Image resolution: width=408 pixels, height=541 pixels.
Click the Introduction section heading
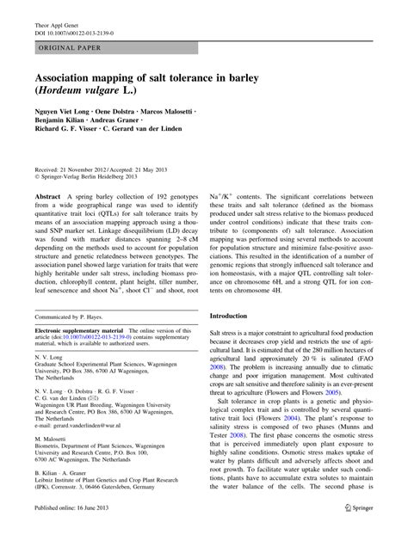tap(234, 316)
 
